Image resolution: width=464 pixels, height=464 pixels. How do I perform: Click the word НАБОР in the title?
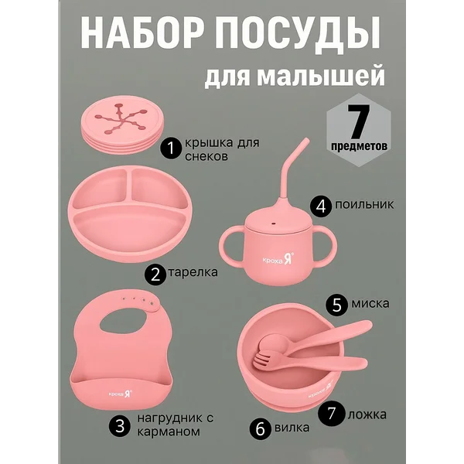(142, 33)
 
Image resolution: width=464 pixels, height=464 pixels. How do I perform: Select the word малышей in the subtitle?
(320, 77)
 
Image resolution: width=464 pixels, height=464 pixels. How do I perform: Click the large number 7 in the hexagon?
(358, 121)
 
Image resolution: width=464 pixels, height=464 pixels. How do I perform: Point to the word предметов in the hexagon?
(359, 146)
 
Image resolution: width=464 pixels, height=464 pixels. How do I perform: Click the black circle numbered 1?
(172, 148)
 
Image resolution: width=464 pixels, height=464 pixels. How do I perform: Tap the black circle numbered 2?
(155, 274)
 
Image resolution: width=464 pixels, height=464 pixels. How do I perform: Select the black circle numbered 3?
(120, 426)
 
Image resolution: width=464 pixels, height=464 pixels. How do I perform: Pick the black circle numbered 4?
(321, 206)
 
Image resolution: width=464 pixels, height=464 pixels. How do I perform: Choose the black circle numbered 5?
(336, 305)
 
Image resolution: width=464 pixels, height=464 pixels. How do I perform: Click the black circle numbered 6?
(261, 428)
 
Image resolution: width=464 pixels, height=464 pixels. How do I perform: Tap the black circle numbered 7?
(332, 412)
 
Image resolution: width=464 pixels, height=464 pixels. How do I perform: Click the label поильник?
(364, 204)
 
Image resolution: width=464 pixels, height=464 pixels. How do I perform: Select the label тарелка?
(193, 272)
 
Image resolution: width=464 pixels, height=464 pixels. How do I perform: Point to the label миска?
(370, 304)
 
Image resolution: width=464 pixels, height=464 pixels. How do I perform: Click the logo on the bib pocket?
(121, 394)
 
